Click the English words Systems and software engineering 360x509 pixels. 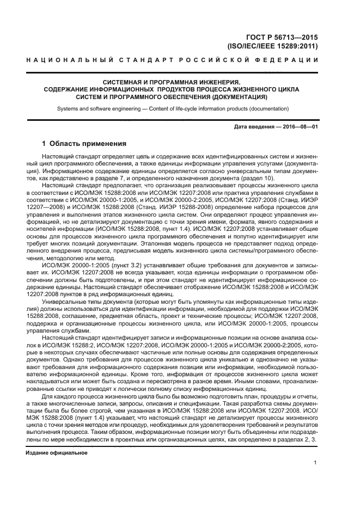[x=96, y=109]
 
